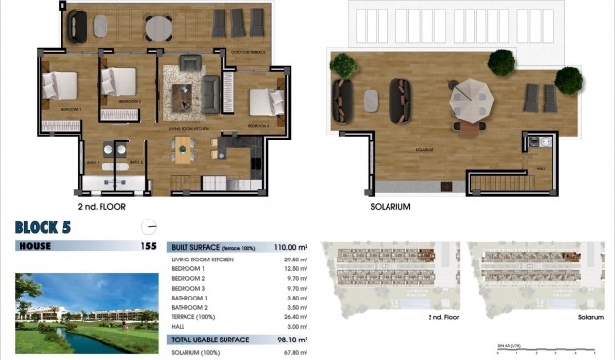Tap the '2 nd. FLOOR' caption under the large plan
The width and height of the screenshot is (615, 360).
pyautogui.click(x=102, y=207)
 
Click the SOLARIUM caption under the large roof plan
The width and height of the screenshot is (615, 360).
pyautogui.click(x=390, y=207)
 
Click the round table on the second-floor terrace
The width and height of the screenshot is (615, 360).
pyautogui.click(x=158, y=26)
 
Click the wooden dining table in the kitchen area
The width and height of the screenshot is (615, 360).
pyautogui.click(x=186, y=146)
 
